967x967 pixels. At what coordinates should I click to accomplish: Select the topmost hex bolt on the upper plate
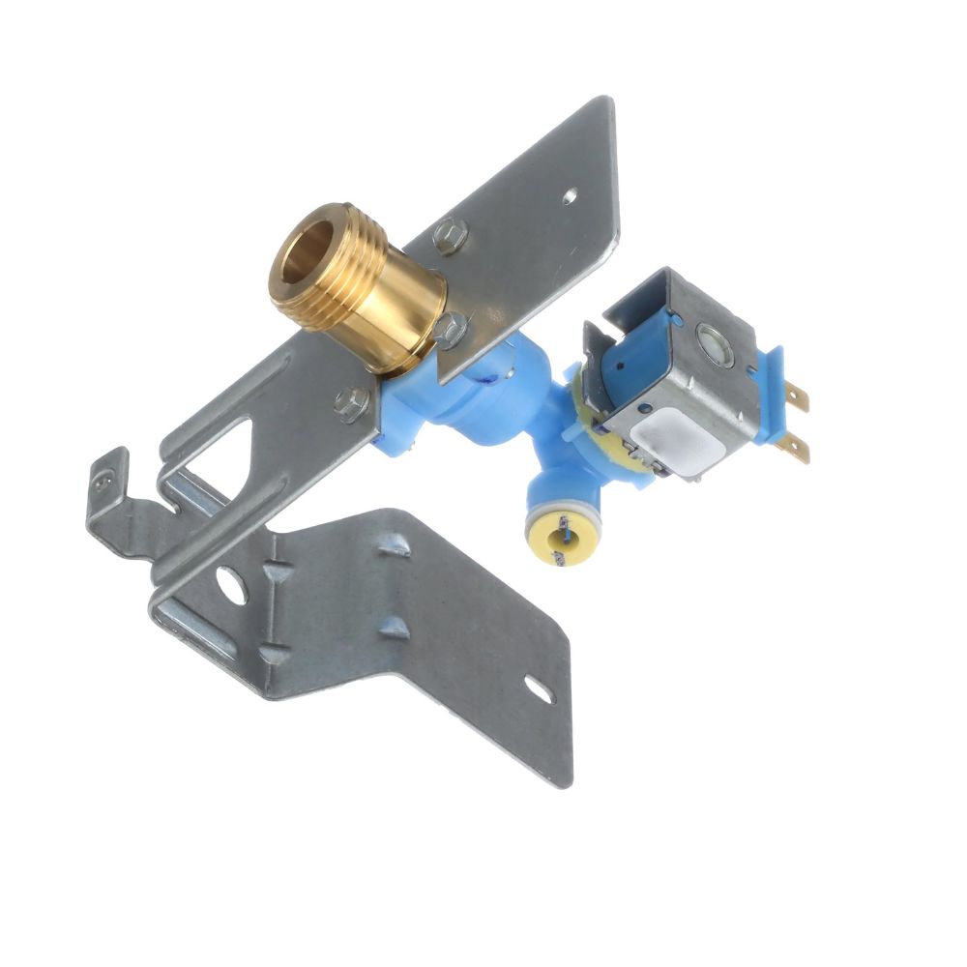(x=450, y=235)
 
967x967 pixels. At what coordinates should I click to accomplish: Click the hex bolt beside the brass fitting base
(x=452, y=328)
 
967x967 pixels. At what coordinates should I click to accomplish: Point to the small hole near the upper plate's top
(x=570, y=196)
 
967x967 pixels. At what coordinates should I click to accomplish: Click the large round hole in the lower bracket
(x=231, y=583)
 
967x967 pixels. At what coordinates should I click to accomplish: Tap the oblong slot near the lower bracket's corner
(x=538, y=690)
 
